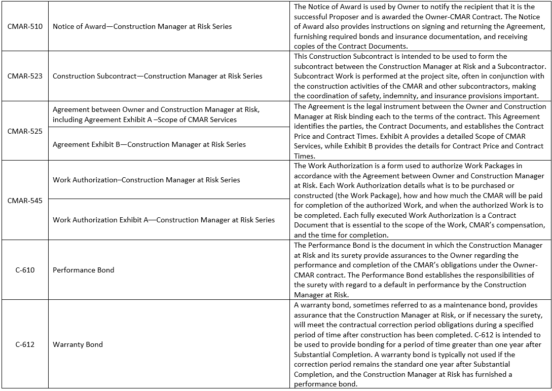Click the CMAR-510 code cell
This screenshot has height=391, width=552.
(25, 26)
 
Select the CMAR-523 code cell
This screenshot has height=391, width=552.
(25, 76)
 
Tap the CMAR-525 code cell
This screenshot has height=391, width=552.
(25, 131)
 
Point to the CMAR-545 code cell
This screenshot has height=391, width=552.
(25, 201)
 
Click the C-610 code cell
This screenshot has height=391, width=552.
(25, 270)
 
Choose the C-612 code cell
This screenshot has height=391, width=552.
(25, 344)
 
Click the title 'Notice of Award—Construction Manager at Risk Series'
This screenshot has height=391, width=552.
(142, 26)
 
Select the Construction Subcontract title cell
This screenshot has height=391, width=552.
(157, 76)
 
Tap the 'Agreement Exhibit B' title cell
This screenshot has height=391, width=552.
(149, 144)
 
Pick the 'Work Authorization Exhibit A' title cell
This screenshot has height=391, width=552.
(163, 220)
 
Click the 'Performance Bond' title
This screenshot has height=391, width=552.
(84, 270)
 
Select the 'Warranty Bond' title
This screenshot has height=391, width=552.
(78, 344)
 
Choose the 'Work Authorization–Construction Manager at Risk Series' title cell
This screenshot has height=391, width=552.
(146, 180)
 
